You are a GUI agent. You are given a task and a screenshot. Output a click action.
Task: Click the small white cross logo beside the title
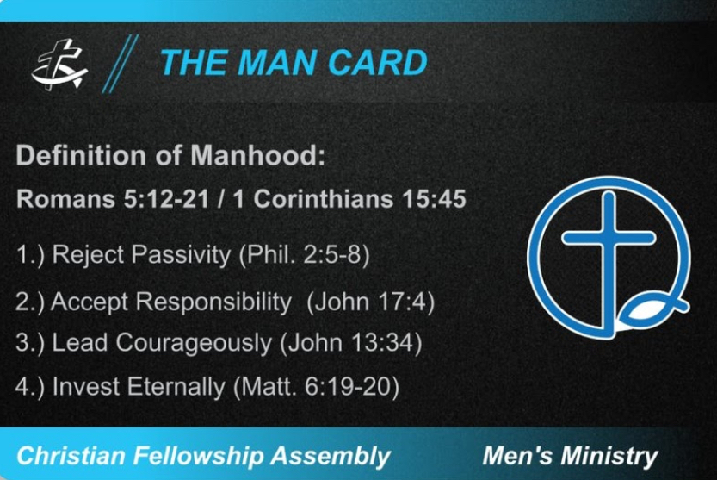point(59,65)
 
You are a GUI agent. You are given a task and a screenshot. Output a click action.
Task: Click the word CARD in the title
point(378,63)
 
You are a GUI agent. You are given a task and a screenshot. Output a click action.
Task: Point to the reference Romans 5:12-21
point(113,199)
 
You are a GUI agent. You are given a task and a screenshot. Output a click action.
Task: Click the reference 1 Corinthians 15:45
point(349,199)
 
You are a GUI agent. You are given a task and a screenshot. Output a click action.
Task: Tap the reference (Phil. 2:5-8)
point(304,255)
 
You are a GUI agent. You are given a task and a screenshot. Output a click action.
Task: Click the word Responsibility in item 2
point(213,302)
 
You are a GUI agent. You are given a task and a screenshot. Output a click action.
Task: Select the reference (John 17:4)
point(371,302)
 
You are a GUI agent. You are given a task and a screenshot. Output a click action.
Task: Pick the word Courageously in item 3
point(194,343)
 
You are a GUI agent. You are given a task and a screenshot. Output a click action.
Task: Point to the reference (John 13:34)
point(350,343)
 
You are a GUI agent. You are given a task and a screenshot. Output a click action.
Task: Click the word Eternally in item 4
point(176,387)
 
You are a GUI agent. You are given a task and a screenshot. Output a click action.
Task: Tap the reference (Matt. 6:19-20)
point(317,387)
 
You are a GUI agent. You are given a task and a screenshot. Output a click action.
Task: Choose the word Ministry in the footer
point(609,456)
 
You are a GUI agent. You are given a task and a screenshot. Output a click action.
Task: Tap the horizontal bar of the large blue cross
point(609,238)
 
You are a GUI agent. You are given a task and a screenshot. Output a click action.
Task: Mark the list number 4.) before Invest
point(30,387)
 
